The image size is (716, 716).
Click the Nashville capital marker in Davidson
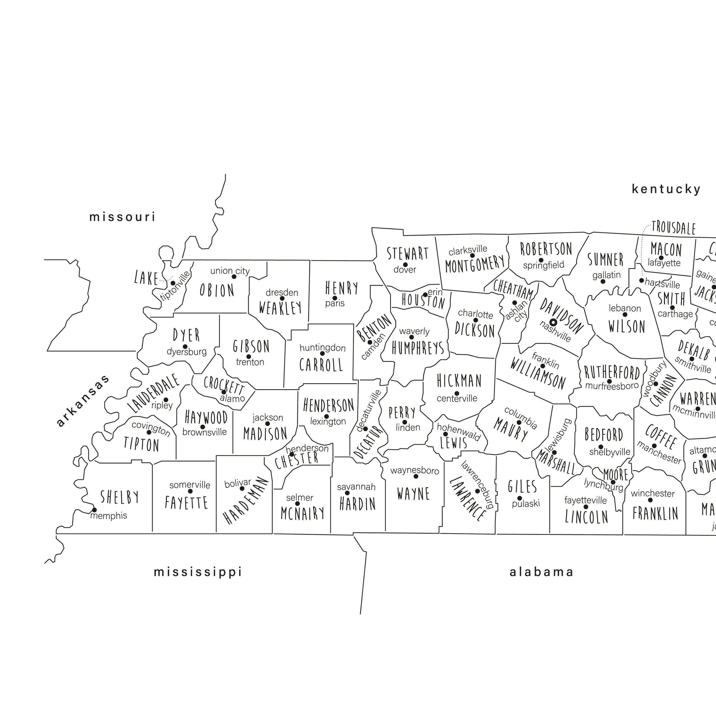click(553, 322)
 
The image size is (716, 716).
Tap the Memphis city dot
click(94, 510)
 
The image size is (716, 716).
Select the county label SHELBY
click(120, 497)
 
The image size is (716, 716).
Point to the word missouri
click(122, 217)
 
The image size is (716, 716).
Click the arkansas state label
click(83, 400)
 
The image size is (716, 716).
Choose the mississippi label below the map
click(198, 572)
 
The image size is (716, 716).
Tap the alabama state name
click(541, 572)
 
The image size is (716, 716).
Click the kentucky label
click(666, 189)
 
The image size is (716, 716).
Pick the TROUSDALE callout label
click(673, 228)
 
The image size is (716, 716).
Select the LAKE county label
click(146, 278)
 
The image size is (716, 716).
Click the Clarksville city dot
click(472, 256)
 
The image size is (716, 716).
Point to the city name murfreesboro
click(612, 386)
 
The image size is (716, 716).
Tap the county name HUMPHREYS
click(418, 348)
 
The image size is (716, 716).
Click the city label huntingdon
click(322, 348)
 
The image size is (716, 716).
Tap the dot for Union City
click(234, 276)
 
